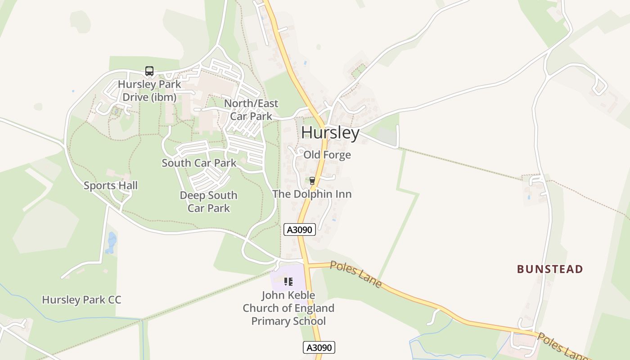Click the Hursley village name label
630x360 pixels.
coord(330,133)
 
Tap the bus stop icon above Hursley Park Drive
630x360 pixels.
coord(149,71)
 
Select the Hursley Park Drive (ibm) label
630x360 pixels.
coord(149,90)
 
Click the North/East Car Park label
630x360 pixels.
coord(251,110)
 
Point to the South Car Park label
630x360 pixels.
coord(199,163)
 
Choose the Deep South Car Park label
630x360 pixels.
coord(208,202)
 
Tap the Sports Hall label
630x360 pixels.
coord(111,185)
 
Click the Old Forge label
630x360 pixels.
coord(327,155)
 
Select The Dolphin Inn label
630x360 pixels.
coord(312,194)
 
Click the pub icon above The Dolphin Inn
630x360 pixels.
coord(312,181)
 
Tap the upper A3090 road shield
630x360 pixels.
coord(300,229)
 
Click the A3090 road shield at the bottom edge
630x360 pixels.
coord(319,347)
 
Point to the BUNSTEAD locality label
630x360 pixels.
coord(550,269)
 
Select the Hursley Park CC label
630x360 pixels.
coord(81,300)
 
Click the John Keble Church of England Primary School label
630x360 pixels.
coord(288,308)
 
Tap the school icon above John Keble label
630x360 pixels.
coord(288,282)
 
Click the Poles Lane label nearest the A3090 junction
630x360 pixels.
coord(356,274)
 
